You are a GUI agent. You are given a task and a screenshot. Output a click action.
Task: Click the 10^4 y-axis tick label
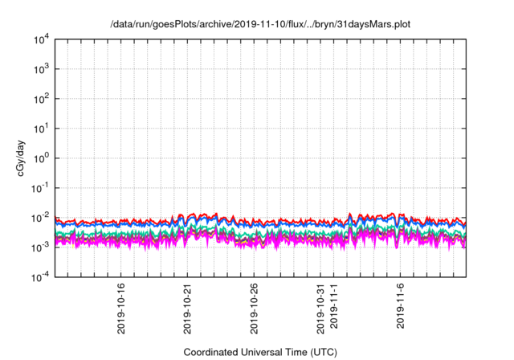41,39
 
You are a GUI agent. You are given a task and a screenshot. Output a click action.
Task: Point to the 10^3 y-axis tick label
41,69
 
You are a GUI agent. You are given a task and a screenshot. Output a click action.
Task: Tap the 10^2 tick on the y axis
41,99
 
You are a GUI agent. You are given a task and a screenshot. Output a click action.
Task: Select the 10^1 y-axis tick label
41,128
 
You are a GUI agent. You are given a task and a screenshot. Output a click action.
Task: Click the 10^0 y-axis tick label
41,157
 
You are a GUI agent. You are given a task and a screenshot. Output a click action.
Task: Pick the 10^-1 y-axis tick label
40,187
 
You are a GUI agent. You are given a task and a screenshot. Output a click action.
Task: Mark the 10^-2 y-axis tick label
40,217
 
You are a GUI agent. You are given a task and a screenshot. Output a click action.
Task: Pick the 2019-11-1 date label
334,305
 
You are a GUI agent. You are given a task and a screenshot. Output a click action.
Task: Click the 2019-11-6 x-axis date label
401,305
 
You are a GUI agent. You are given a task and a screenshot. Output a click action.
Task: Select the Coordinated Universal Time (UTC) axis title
259,352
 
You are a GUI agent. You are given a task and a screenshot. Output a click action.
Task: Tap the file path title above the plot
259,24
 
